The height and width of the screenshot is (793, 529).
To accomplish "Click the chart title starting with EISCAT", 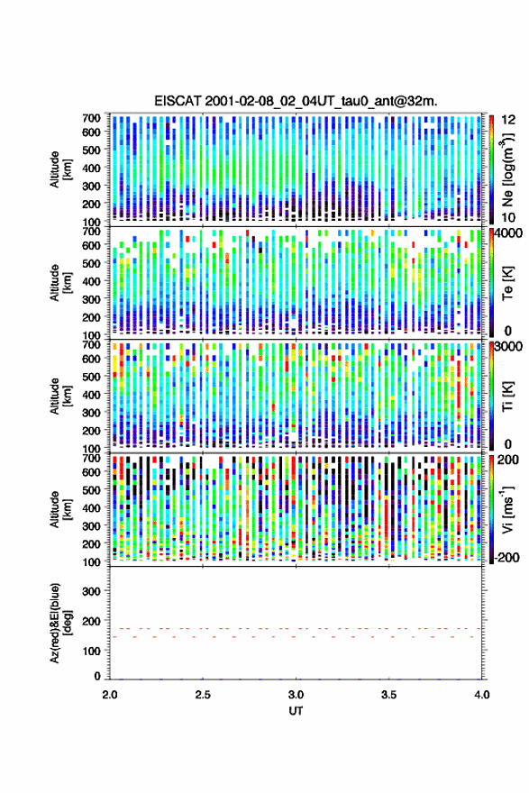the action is click(296, 101).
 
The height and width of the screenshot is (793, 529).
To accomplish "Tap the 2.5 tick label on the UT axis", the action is click(203, 695).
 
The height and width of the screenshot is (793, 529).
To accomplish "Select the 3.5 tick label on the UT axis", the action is click(388, 695).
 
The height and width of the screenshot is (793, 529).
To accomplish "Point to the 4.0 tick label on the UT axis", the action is click(481, 695).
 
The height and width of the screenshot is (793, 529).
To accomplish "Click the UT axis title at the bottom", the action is click(296, 711).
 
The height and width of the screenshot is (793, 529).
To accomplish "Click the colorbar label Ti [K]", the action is click(507, 396).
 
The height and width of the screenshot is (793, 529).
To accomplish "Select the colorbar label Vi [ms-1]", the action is click(507, 509).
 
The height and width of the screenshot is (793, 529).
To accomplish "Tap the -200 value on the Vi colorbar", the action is click(506, 557).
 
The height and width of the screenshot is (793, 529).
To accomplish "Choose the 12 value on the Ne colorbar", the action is click(508, 120).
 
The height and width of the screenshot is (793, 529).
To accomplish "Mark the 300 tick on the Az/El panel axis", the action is click(91, 591).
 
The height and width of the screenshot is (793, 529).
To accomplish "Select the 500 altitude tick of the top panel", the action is click(91, 150).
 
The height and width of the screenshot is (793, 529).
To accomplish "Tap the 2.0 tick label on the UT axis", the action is click(110, 695).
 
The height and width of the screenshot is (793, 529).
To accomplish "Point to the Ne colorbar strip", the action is click(491, 169).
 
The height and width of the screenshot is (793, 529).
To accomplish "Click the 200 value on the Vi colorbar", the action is click(508, 460).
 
